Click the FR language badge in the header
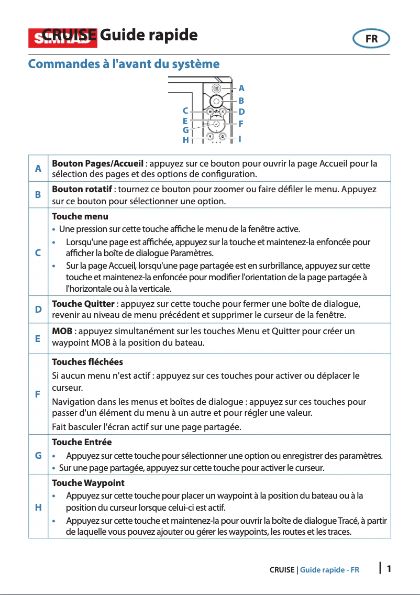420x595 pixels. pyautogui.click(x=371, y=39)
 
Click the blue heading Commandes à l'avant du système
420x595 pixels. pyautogui.click(x=124, y=64)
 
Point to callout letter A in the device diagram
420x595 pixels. pyautogui.click(x=241, y=89)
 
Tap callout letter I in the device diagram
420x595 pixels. pyautogui.click(x=240, y=139)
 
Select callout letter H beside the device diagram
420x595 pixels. pyautogui.click(x=185, y=140)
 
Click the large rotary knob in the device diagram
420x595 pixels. pyautogui.click(x=216, y=101)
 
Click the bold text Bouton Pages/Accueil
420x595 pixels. pyautogui.click(x=97, y=163)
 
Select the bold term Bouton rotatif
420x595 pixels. pyautogui.click(x=81, y=189)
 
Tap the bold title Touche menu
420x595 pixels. pyautogui.click(x=80, y=216)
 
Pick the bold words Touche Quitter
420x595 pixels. pyautogui.click(x=83, y=304)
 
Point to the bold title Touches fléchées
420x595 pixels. pyautogui.click(x=87, y=362)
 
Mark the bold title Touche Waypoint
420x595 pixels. pyautogui.click(x=88, y=482)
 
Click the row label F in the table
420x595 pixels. pyautogui.click(x=38, y=394)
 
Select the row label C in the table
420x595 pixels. pyautogui.click(x=38, y=252)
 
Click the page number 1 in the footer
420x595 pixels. pyautogui.click(x=389, y=569)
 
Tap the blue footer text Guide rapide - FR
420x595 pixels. pyautogui.click(x=329, y=570)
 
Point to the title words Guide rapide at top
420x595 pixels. pyautogui.click(x=148, y=36)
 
